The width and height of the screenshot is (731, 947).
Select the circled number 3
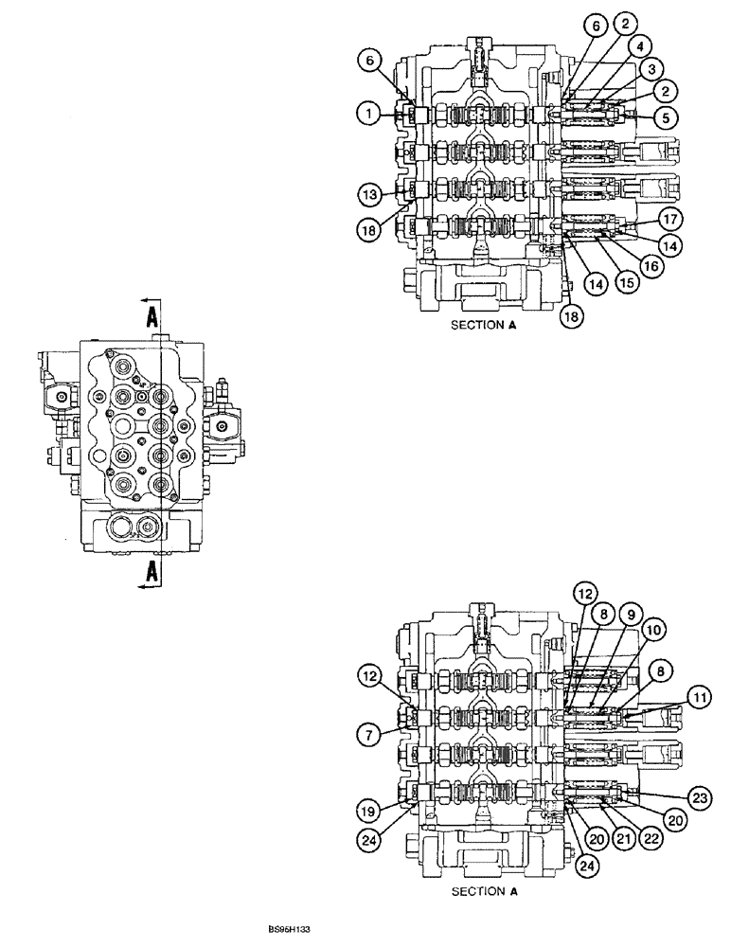click(x=650, y=69)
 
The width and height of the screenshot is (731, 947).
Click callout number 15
click(x=622, y=282)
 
